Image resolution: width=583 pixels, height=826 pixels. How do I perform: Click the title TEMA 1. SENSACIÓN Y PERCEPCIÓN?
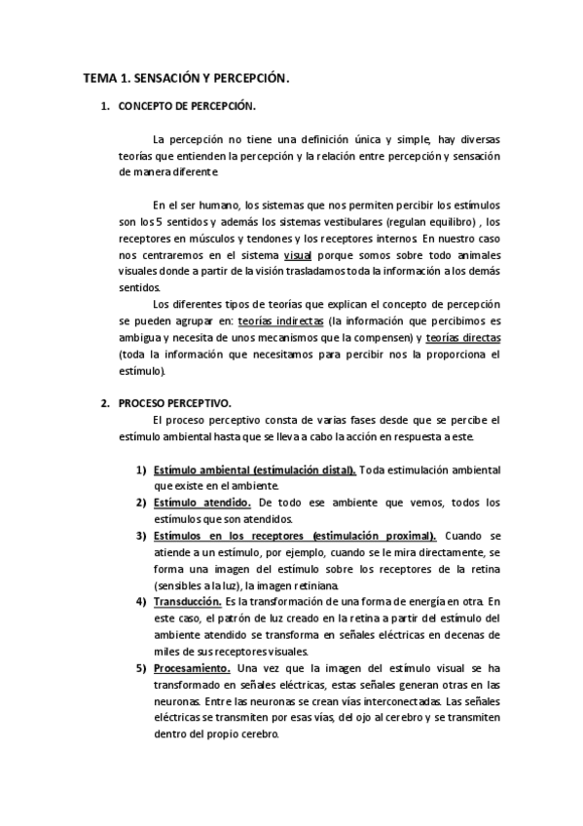pos(186,76)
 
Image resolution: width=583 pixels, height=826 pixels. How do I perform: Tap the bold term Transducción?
pos(188,603)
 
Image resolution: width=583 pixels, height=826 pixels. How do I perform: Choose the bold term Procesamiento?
pos(192,668)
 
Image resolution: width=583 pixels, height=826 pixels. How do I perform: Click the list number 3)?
pos(141,536)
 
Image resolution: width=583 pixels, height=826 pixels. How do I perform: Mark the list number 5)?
pos(141,668)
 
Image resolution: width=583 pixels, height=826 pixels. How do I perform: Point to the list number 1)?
pos(141,470)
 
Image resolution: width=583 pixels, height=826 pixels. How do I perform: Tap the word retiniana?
pos(310,586)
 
